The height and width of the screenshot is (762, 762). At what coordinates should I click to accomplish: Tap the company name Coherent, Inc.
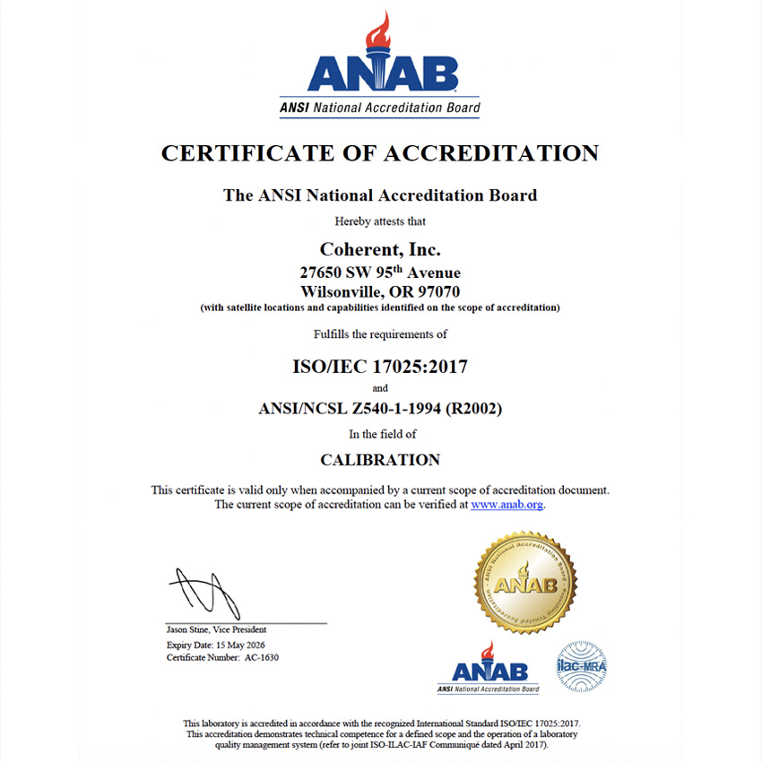point(380,249)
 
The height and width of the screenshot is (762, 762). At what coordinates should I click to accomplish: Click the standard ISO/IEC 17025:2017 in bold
point(380,366)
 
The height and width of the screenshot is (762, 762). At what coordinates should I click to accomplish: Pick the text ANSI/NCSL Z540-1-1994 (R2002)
point(380,410)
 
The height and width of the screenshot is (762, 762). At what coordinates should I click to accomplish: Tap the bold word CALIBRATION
point(380,460)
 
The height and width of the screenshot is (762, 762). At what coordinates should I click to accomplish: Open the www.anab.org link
point(507,505)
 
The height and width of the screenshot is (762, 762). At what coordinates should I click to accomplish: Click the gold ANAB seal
point(524,583)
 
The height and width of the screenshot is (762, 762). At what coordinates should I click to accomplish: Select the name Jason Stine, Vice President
point(216,630)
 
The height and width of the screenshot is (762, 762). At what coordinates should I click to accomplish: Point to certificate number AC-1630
point(267,658)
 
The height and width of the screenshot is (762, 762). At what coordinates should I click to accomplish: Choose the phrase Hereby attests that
point(380,221)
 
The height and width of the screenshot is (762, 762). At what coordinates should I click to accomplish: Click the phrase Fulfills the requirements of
point(380,334)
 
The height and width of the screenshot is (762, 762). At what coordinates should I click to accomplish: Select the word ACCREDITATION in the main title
point(490,153)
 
